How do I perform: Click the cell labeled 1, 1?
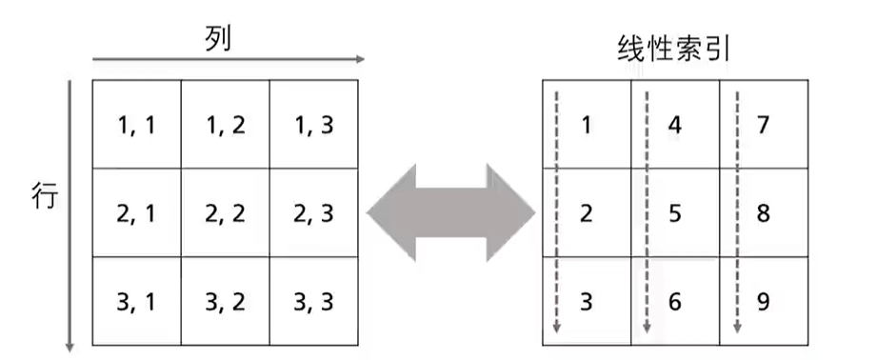136,125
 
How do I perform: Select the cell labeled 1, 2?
225,125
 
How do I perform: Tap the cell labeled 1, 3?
313,125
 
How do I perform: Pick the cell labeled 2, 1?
136,213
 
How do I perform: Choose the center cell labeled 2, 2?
225,213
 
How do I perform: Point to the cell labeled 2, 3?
313,213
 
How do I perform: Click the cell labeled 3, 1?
136,301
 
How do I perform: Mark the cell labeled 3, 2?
225,301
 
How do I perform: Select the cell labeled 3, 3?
313,301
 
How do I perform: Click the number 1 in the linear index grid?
586,125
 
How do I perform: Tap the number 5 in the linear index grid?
674,213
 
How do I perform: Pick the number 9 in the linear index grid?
763,301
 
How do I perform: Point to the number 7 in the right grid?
763,125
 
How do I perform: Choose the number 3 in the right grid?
586,301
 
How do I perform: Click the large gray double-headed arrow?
450,212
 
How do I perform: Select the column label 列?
218,38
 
